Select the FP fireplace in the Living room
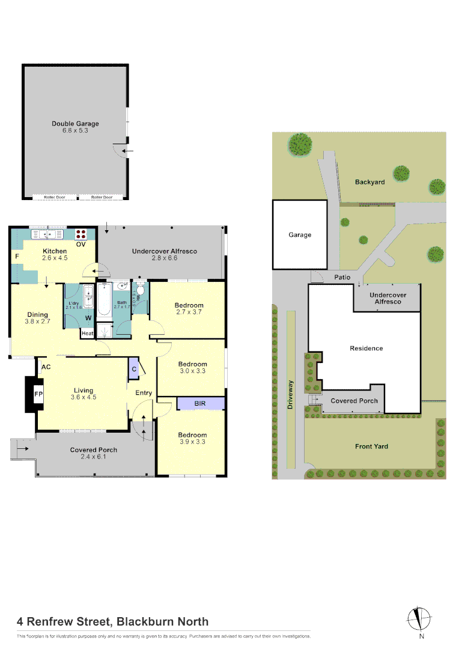38,394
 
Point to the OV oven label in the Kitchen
81,245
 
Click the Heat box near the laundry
88,334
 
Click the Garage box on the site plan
300,235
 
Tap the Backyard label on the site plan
369,181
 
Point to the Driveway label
291,395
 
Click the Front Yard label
371,446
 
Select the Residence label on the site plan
366,349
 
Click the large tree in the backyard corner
300,144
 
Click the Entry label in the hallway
144,393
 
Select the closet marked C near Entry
133,369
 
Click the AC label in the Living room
45,366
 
